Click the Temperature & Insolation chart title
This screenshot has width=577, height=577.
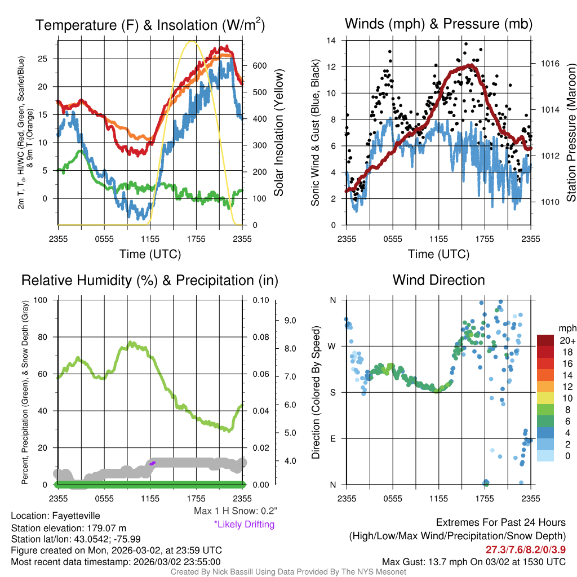pyautogui.click(x=150, y=25)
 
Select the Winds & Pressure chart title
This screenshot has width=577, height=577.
pyautogui.click(x=439, y=24)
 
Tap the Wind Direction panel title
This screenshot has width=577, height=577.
pyautogui.click(x=438, y=280)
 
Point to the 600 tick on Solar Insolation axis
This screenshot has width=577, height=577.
pyautogui.click(x=259, y=65)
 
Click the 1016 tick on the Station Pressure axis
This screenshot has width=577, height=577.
pyautogui.click(x=549, y=64)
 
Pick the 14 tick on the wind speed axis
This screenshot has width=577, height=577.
pyautogui.click(x=332, y=41)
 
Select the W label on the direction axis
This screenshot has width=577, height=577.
pyautogui.click(x=332, y=346)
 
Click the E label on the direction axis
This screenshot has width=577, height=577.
pyautogui.click(x=332, y=438)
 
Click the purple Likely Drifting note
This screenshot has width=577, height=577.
pyautogui.click(x=244, y=525)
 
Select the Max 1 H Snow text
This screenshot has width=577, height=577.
pyautogui.click(x=235, y=511)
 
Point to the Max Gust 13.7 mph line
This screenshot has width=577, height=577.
pyautogui.click(x=473, y=562)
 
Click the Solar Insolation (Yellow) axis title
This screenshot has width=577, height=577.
pyautogui.click(x=279, y=133)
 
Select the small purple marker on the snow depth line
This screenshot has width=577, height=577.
pyautogui.click(x=153, y=463)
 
